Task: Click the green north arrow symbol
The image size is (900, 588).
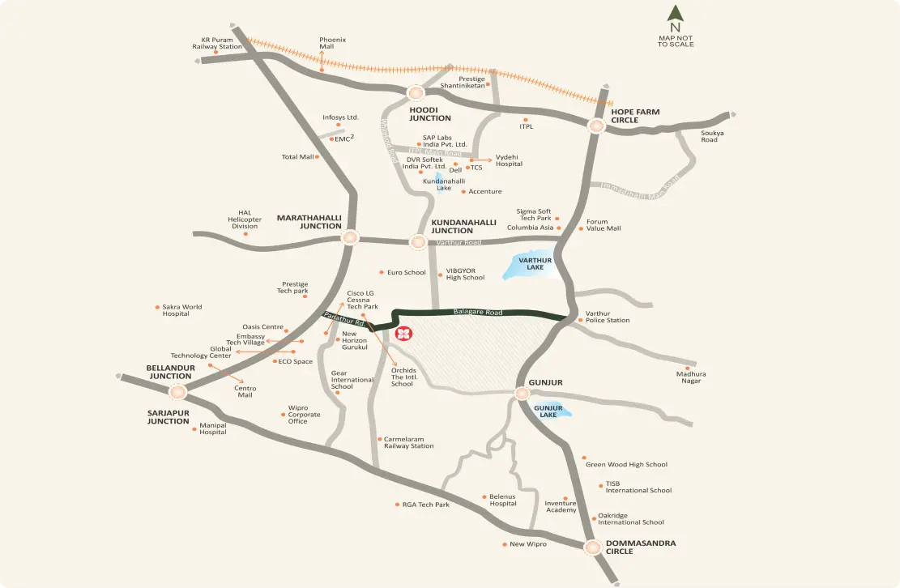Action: [x=675, y=15]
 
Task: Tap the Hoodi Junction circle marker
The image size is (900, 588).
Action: [x=416, y=93]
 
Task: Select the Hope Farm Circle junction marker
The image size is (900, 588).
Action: [x=597, y=126]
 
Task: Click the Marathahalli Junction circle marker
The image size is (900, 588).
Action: [x=350, y=237]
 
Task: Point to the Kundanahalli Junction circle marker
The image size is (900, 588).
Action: [x=417, y=241]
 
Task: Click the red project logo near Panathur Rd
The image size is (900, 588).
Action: [x=402, y=334]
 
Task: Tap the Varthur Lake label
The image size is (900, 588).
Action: [x=535, y=264]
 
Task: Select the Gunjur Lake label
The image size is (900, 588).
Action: [x=548, y=411]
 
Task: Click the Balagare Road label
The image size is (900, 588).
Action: [x=478, y=312]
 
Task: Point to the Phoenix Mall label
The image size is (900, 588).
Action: [x=332, y=43]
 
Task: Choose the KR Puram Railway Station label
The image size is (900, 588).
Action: [x=217, y=43]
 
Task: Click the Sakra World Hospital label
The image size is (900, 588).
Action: [x=181, y=310]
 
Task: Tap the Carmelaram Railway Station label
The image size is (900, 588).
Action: [x=408, y=442]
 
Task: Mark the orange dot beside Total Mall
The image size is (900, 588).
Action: [x=317, y=156]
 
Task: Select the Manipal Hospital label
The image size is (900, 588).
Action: [x=213, y=428]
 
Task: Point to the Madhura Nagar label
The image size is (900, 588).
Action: [x=691, y=377]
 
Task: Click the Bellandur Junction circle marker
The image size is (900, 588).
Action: [x=178, y=392]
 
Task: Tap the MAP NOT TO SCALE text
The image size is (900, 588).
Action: [x=676, y=40]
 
